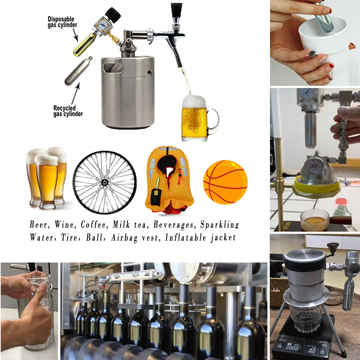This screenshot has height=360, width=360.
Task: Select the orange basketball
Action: pyautogui.click(x=225, y=182)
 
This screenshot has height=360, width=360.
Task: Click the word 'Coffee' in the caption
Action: pyautogui.click(x=94, y=225)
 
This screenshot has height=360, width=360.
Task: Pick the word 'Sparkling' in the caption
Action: pyautogui.click(x=220, y=225)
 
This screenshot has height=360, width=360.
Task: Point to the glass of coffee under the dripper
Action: pyautogui.click(x=314, y=220)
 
